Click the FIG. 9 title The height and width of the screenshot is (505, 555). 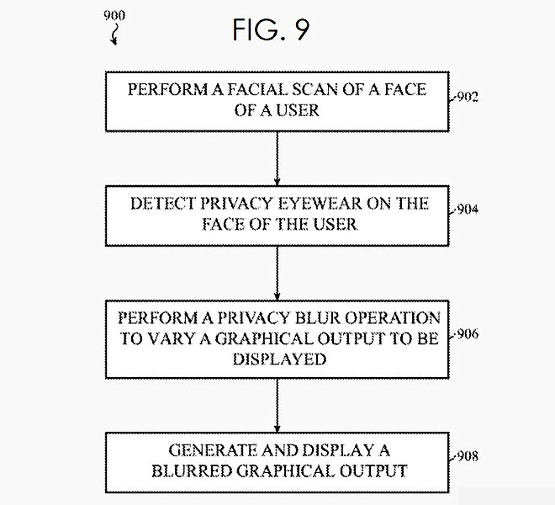coord(271,30)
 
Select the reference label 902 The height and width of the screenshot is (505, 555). coord(467,98)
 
